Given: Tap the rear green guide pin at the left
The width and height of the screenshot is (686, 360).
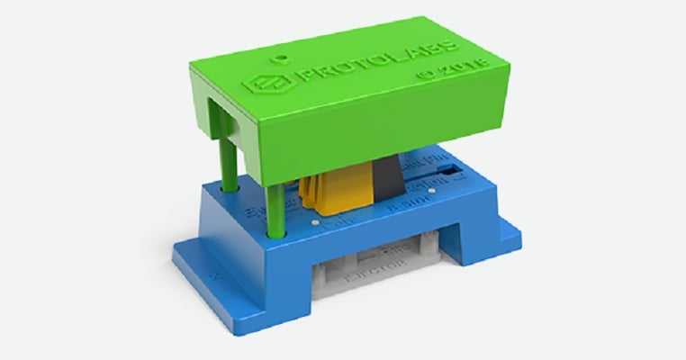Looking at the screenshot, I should click(230, 166).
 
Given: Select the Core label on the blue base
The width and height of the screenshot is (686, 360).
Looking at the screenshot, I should click(335, 219).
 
